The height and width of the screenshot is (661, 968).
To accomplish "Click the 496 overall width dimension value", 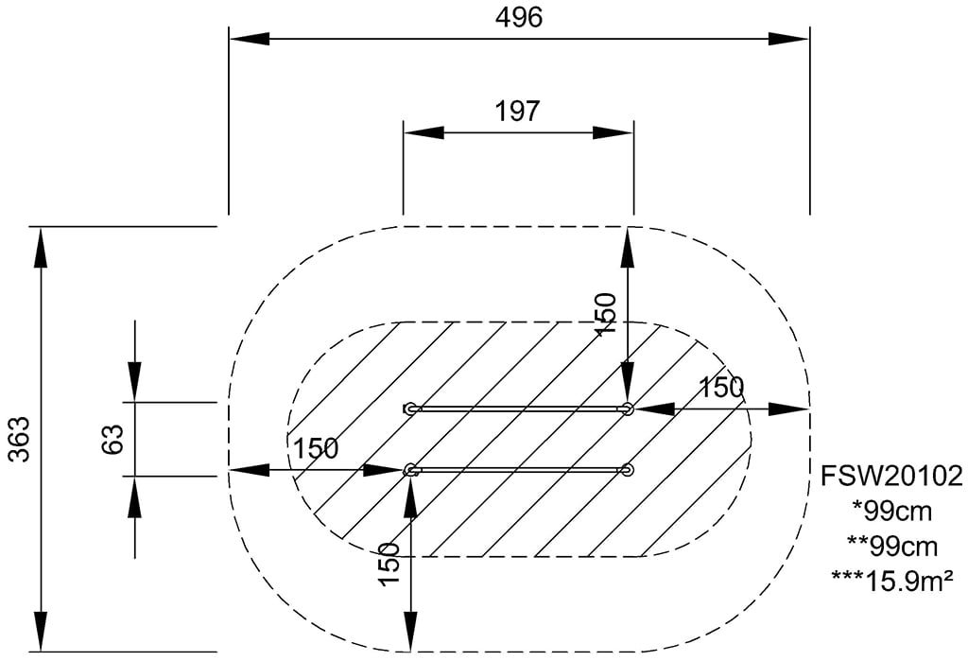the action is point(519,17).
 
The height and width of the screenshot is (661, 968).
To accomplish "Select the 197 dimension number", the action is point(517,112).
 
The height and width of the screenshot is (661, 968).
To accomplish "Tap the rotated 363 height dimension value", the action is point(20,439).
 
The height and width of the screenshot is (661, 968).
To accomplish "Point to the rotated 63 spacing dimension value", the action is point(113,439).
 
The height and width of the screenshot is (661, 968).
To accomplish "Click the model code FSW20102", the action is point(890,477).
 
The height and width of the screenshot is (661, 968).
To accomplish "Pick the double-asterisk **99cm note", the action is point(891,546).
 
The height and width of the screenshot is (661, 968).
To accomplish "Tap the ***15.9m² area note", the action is point(891,580).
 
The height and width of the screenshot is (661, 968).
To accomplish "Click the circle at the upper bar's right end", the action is point(628,409).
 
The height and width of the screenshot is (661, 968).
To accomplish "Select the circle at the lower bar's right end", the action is point(628,470).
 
